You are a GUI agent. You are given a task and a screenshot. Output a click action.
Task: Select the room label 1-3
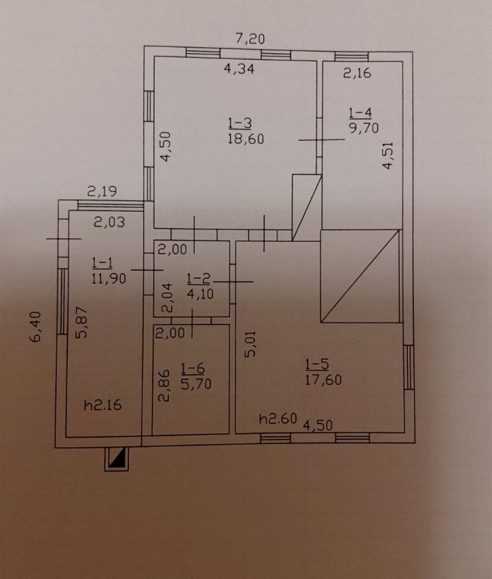pyautogui.click(x=240, y=123)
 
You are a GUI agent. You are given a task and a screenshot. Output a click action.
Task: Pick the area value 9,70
pyautogui.click(x=361, y=127)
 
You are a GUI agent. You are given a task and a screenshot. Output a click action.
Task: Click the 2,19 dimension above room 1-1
pyautogui.click(x=100, y=192)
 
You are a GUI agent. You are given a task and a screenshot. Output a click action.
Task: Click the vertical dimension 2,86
pyautogui.click(x=164, y=385)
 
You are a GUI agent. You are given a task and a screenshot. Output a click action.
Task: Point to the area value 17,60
pyautogui.click(x=322, y=380)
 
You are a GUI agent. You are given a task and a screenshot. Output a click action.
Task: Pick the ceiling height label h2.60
pyautogui.click(x=277, y=419)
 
